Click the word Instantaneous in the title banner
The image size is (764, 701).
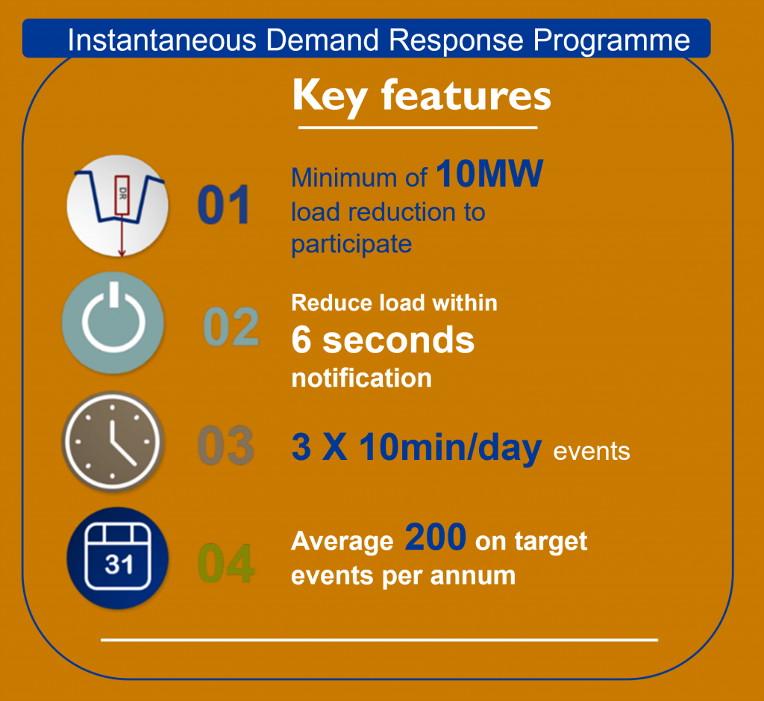(x=162, y=40)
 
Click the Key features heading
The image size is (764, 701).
(x=422, y=96)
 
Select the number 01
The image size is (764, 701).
(x=224, y=205)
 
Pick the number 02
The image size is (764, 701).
(x=231, y=326)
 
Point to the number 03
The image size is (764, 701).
(x=226, y=445)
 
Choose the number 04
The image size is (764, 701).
(x=226, y=564)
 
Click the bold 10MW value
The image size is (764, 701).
(x=489, y=173)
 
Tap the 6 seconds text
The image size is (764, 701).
(x=383, y=340)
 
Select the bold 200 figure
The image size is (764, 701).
(x=436, y=538)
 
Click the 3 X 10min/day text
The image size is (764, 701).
(x=416, y=447)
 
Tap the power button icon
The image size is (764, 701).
(x=113, y=323)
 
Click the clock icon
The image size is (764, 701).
(x=113, y=442)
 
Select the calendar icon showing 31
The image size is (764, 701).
(x=117, y=558)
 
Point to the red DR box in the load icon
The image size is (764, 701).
(x=122, y=195)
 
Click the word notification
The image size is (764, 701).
(x=362, y=378)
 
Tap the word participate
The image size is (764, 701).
(x=351, y=244)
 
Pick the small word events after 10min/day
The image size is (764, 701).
(x=592, y=452)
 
